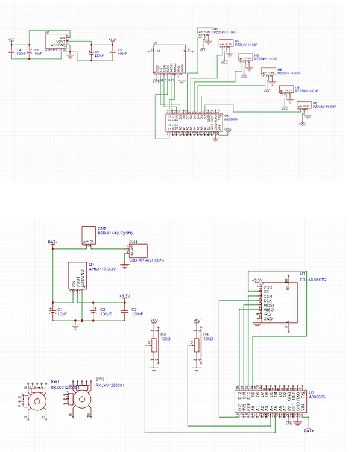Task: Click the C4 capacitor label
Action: point(19,49)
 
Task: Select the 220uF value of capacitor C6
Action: point(99,54)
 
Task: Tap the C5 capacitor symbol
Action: point(112,51)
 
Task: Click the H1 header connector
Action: point(203,36)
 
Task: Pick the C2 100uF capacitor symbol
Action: point(93,312)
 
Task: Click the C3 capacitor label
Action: point(134,309)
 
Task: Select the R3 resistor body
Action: point(154,344)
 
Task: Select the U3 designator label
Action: point(311,393)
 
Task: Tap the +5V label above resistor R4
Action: point(195,321)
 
